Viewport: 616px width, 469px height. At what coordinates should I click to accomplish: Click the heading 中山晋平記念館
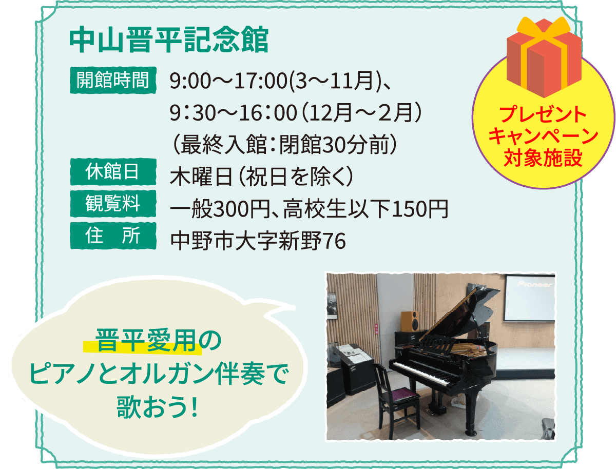pos(169,42)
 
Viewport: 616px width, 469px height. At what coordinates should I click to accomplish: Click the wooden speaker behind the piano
pos(409,321)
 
